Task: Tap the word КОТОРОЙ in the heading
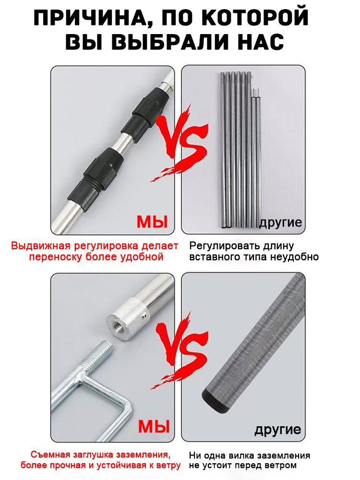click(x=256, y=18)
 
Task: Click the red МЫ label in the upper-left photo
click(x=152, y=222)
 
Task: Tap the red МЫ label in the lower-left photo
click(x=154, y=426)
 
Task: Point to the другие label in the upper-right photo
click(x=281, y=223)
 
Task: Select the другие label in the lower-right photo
click(x=278, y=429)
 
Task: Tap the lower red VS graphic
click(x=180, y=349)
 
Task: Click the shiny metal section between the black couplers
click(x=126, y=142)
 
